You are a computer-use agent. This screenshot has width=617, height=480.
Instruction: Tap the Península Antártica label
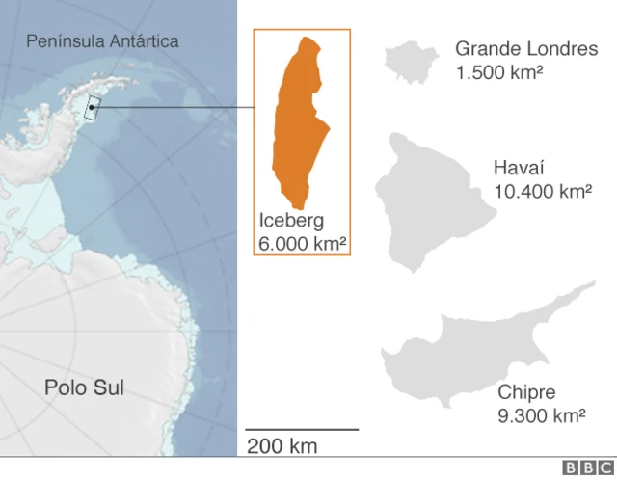point(102,41)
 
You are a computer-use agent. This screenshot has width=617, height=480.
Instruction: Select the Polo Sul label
point(84,388)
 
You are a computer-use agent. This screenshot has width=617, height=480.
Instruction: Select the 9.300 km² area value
point(542,416)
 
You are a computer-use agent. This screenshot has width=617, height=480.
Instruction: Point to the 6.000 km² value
point(302,244)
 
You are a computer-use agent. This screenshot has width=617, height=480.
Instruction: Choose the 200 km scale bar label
point(282,446)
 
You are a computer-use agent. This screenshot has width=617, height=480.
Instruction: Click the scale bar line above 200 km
point(301,429)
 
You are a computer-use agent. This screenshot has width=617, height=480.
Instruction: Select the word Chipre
point(526,392)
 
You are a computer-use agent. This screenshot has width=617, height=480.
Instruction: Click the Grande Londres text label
point(525,48)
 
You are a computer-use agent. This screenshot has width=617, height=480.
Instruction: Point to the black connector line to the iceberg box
point(174,107)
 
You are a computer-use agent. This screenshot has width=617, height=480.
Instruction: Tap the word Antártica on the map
point(143,41)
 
